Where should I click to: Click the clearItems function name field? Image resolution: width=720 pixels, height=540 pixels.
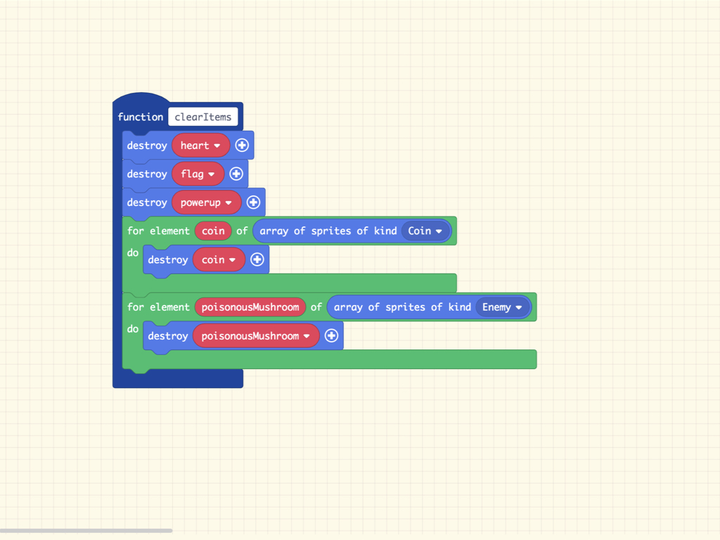coord(203,117)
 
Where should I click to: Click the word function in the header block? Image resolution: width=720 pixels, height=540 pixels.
coord(141,117)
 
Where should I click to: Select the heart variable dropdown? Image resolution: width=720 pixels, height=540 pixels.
coord(200,146)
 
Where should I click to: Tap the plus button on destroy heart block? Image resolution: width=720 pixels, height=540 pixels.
coord(242,146)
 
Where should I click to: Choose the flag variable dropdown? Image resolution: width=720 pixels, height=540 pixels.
coord(198,174)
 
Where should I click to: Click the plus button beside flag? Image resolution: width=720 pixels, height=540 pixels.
coord(236,174)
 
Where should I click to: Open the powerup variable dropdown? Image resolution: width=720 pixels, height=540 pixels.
coord(206,202)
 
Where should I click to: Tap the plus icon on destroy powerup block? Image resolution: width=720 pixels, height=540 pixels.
coord(253,202)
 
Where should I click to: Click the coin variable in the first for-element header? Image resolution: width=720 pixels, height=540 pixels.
coord(213,231)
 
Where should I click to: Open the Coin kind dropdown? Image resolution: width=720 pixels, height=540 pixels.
coord(425,231)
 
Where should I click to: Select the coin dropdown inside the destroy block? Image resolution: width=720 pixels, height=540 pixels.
coord(219,259)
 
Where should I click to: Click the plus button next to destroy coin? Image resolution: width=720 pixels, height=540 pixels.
coord(257,259)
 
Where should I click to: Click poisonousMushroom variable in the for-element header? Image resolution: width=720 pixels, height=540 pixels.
coord(250,307)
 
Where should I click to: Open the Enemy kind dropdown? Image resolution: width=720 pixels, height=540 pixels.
coord(502,307)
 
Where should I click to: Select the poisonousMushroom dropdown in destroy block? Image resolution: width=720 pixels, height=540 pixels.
coord(256,335)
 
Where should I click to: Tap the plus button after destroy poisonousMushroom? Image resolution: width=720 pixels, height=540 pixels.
coord(332,335)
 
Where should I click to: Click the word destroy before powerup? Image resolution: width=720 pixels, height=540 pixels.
coord(147,202)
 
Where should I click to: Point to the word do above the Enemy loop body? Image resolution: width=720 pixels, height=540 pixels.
coord(133,329)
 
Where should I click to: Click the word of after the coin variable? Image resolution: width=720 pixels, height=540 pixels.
coord(242,231)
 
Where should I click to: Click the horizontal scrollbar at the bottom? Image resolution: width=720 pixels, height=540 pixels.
coord(86,530)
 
